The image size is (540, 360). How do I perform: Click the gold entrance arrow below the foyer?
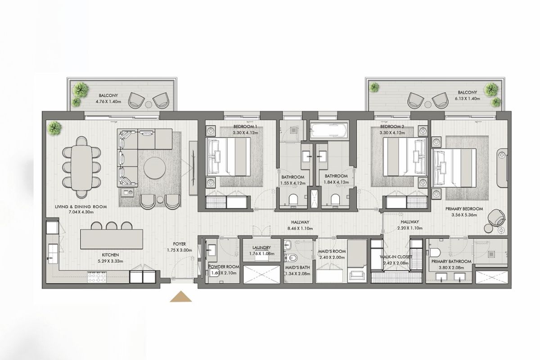[x=181, y=297]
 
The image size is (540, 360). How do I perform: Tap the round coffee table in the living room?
[x=155, y=168]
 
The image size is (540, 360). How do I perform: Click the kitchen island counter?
[x=112, y=239]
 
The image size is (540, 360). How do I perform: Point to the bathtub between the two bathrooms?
[x=329, y=130]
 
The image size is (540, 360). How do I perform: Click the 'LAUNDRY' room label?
[x=261, y=247]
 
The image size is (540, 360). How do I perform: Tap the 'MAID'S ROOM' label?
[x=332, y=251]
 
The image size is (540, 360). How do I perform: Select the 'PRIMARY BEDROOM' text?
[x=464, y=209]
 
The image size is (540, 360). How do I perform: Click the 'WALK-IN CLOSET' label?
[x=396, y=257]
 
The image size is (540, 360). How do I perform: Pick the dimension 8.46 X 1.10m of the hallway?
[x=300, y=228]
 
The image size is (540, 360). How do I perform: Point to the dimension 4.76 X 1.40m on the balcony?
[x=108, y=102]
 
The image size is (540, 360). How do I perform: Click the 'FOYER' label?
[x=180, y=244]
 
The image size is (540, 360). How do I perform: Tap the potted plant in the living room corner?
[x=54, y=128]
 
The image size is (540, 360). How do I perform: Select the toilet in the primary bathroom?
[x=435, y=252]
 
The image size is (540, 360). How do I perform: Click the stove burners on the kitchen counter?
[x=97, y=277]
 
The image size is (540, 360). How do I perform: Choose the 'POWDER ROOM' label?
[x=224, y=267]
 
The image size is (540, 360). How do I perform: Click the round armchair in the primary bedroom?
[x=496, y=218]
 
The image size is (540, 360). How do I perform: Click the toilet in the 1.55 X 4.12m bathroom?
[x=293, y=199]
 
